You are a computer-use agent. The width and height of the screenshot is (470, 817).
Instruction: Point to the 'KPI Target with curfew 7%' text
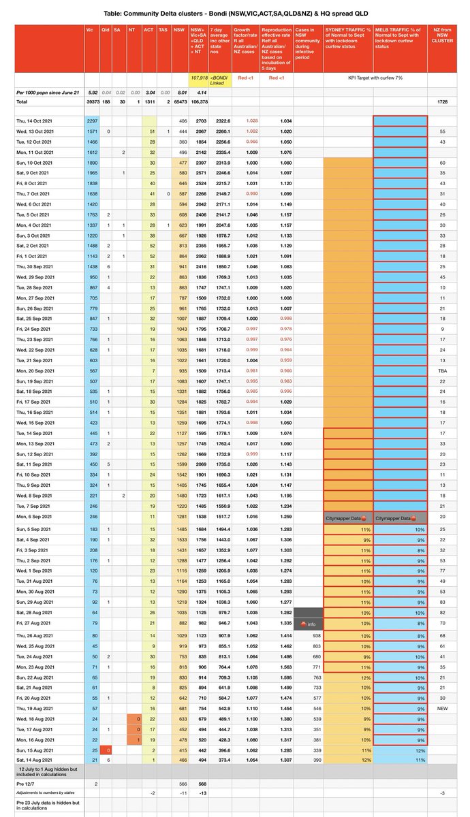click(373, 78)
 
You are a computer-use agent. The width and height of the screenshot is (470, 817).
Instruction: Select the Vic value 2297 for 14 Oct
click(93, 120)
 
